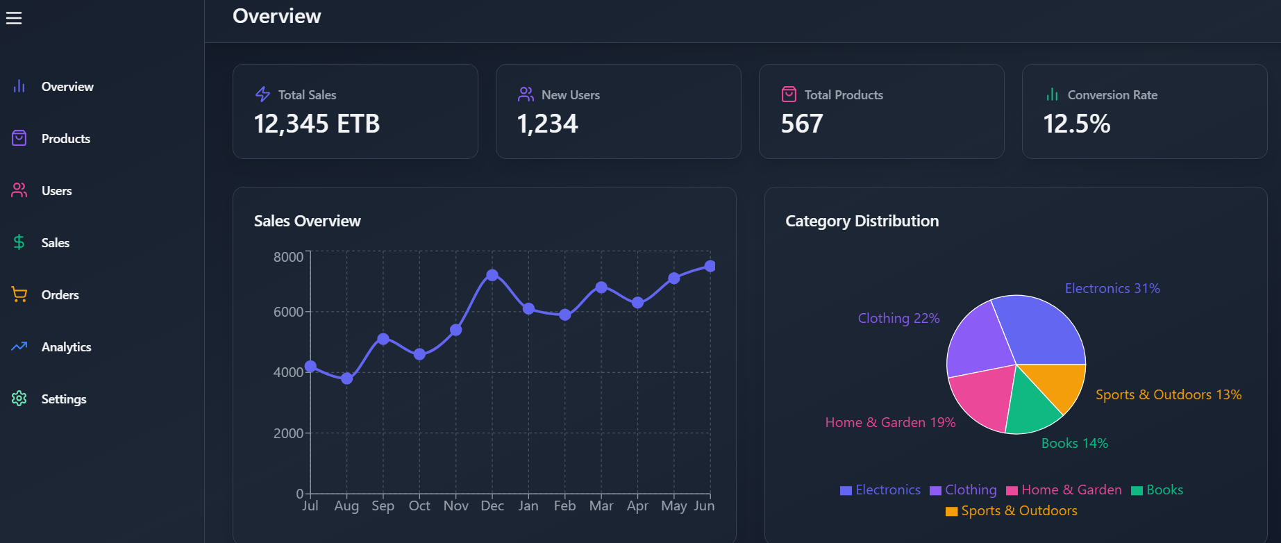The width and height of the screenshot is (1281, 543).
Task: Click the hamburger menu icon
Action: pos(14,18)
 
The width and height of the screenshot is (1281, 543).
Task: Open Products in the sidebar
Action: pos(65,139)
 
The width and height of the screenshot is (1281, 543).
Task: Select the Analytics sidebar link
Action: pos(66,347)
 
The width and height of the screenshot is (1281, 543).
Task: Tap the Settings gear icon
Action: pos(19,399)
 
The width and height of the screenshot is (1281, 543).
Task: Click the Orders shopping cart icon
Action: pos(19,294)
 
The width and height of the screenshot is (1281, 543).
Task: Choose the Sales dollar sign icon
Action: pos(19,242)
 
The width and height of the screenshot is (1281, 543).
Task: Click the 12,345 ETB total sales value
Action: pos(317,124)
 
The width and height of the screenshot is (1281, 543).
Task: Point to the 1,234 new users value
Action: pos(547,124)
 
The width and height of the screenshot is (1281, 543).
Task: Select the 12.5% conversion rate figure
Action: pos(1076,124)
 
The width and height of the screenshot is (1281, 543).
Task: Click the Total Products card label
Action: pos(844,95)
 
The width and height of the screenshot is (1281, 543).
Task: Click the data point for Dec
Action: pos(492,275)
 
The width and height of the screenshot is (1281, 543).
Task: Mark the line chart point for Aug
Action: pos(347,378)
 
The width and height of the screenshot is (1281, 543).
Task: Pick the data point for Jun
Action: pos(710,266)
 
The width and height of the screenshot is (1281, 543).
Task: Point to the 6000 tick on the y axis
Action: pos(288,312)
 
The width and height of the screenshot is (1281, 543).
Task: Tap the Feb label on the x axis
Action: pos(564,506)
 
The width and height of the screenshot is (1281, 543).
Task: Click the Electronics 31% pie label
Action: pos(1112,288)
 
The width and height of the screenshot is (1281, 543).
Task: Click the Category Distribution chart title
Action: pos(862,221)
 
